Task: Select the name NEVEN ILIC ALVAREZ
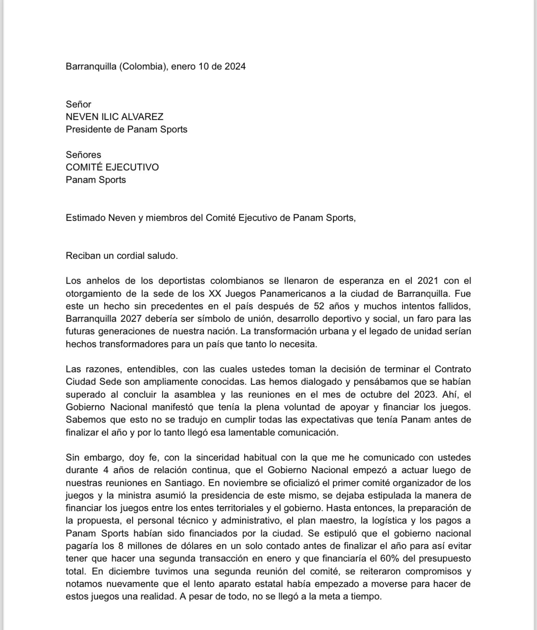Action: (115, 117)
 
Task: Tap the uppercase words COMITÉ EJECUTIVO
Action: (112, 167)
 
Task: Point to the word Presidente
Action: (88, 129)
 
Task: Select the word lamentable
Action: (251, 432)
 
